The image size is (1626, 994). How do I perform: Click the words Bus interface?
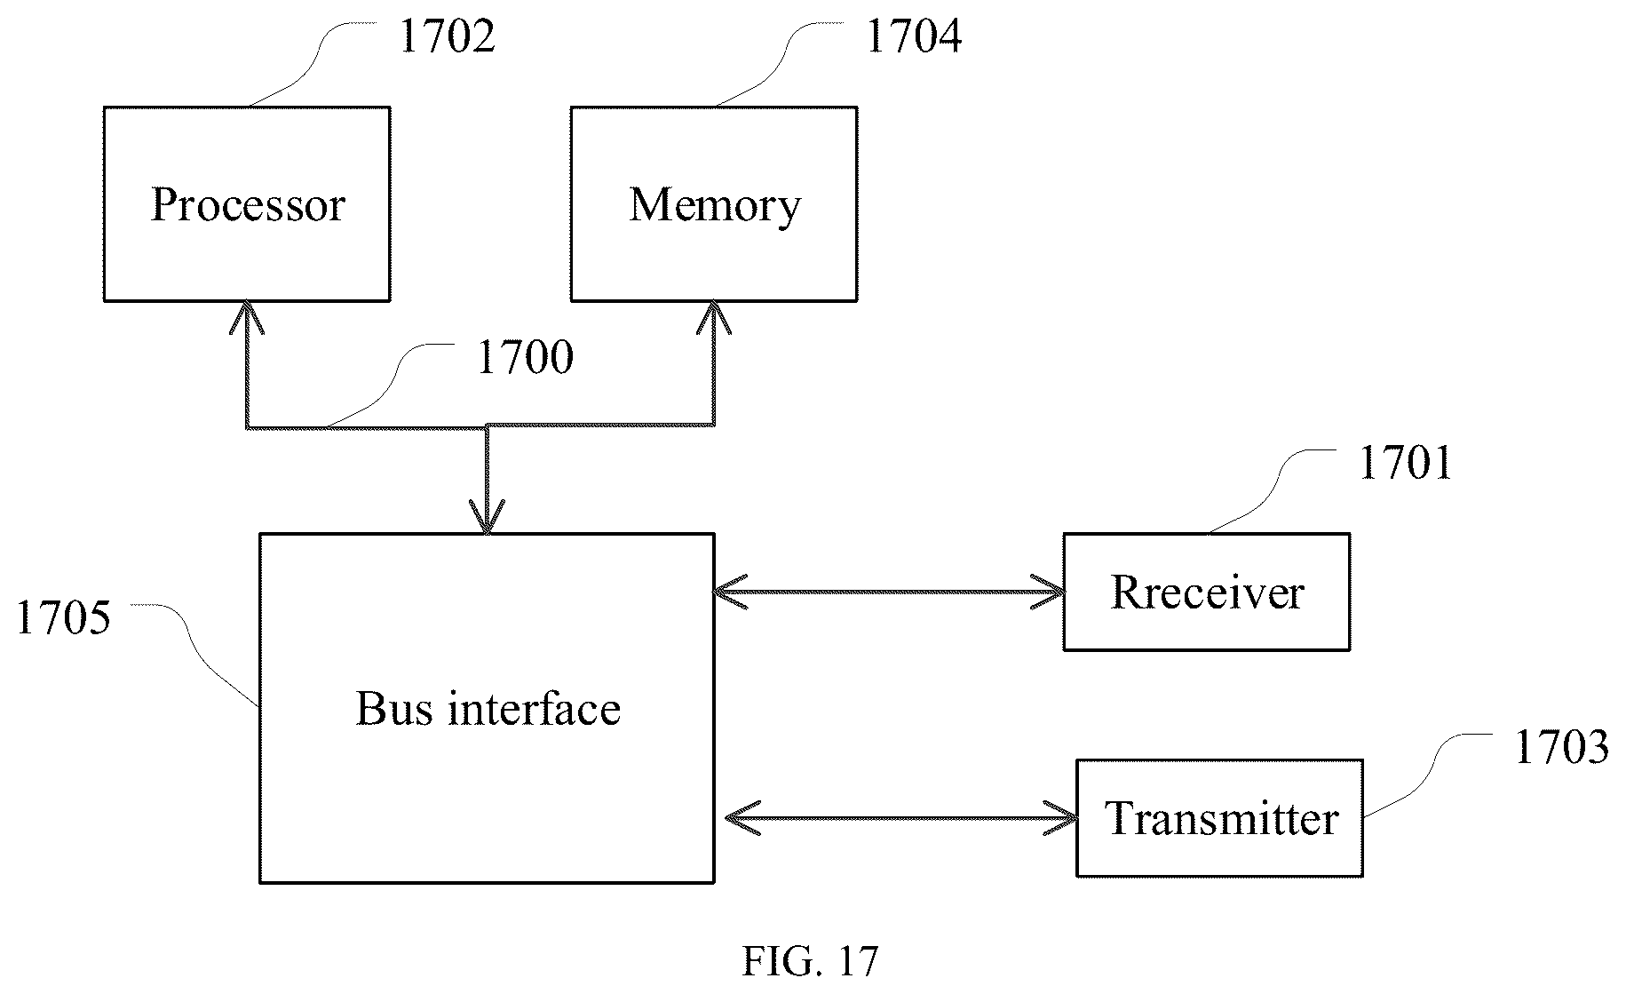click(x=488, y=709)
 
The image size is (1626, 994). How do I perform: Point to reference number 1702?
click(x=447, y=36)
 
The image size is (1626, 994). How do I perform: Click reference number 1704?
click(x=913, y=36)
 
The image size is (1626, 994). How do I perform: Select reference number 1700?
click(x=525, y=357)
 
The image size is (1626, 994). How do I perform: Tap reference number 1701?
click(x=1406, y=463)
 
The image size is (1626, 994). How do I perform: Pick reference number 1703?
click(x=1561, y=746)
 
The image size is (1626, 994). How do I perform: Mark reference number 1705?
click(x=63, y=617)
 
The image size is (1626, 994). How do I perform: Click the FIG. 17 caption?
click(x=810, y=960)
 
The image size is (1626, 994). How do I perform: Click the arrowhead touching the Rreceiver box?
click(x=1048, y=592)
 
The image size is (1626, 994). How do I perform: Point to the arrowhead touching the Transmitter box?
click(x=1060, y=818)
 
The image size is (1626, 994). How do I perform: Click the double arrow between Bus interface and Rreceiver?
click(x=889, y=592)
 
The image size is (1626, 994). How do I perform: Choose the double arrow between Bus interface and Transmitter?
click(x=901, y=818)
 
